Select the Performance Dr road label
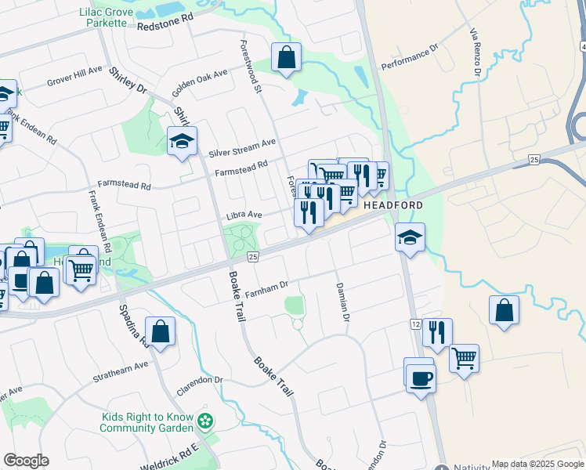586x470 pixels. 409,57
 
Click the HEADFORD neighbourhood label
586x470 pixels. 392,205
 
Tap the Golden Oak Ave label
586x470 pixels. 199,78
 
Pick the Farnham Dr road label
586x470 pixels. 267,289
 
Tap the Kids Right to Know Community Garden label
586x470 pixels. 146,423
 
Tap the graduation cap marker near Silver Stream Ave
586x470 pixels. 182,142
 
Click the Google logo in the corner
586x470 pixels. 26,461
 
